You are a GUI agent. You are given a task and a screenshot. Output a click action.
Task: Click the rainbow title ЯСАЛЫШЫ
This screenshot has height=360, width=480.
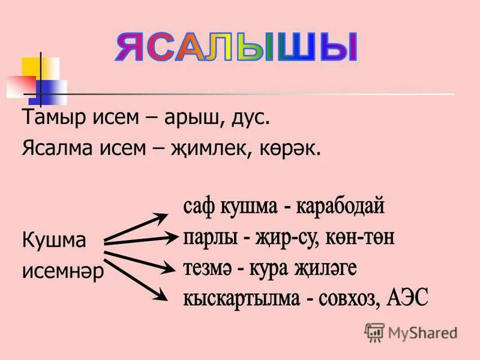[x=235, y=48]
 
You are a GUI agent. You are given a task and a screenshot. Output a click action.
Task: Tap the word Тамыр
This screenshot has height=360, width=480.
[x=49, y=118]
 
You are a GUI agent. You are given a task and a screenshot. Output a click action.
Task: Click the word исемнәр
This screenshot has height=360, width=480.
[x=63, y=271]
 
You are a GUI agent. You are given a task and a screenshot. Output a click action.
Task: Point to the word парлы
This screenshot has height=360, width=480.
[x=208, y=238]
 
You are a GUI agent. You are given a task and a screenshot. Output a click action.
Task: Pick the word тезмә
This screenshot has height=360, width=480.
[x=208, y=268]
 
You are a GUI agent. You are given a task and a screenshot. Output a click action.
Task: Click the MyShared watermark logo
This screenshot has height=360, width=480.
[x=411, y=332]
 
